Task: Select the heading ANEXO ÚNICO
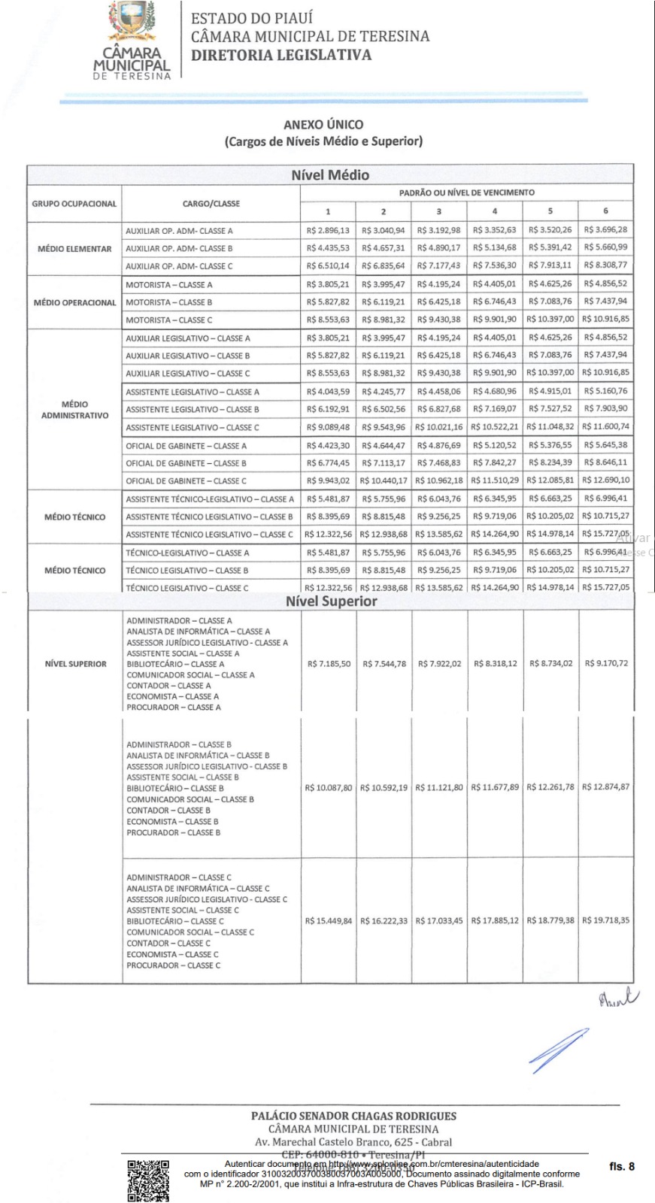pyautogui.click(x=323, y=125)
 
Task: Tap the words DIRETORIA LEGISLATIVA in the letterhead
pyautogui.click(x=281, y=55)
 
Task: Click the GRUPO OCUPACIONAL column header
pyautogui.click(x=74, y=204)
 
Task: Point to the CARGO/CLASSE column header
pyautogui.click(x=211, y=204)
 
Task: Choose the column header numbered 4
pyautogui.click(x=495, y=211)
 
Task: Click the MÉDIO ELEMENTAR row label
pyautogui.click(x=74, y=249)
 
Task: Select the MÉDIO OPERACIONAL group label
pyautogui.click(x=74, y=303)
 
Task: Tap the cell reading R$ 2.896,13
pyautogui.click(x=328, y=231)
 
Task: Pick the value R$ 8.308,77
pyautogui.click(x=605, y=265)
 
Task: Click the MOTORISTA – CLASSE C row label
pyautogui.click(x=169, y=320)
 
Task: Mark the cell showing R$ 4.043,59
pyautogui.click(x=328, y=392)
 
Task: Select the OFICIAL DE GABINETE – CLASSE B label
pyautogui.click(x=186, y=464)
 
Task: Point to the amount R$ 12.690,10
pyautogui.click(x=605, y=480)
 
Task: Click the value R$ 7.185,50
pyautogui.click(x=329, y=664)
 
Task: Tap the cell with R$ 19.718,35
pyautogui.click(x=605, y=920)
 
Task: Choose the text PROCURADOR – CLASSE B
pyautogui.click(x=174, y=833)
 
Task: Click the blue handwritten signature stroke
pyautogui.click(x=558, y=1050)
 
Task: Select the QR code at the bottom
pyautogui.click(x=148, y=1180)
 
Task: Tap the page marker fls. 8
pyautogui.click(x=622, y=1166)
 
